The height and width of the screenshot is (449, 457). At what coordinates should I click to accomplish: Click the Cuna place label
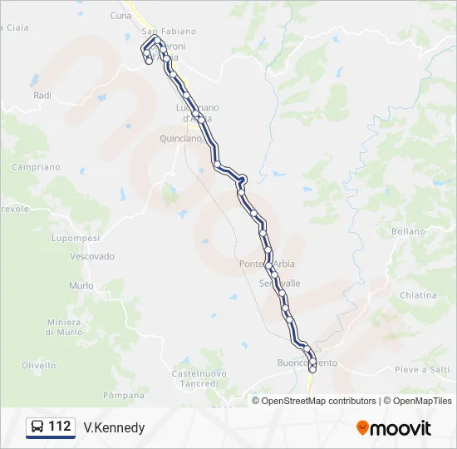(120, 16)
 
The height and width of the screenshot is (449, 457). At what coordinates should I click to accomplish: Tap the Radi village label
(42, 96)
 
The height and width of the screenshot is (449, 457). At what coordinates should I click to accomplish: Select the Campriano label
(36, 167)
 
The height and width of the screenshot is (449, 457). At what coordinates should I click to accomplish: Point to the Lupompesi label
(74, 238)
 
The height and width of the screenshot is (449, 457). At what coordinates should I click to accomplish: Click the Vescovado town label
(92, 256)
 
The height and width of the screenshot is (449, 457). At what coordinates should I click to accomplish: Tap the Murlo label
(81, 285)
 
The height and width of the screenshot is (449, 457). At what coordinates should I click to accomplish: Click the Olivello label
(39, 365)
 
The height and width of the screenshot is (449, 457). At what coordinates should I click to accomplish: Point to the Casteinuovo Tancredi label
(199, 379)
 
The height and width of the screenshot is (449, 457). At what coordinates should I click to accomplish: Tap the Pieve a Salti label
(422, 369)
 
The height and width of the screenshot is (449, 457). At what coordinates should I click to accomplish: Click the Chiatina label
(417, 295)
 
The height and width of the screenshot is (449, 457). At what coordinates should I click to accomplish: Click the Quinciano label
(180, 139)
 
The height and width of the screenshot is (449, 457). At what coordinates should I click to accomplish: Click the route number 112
(60, 427)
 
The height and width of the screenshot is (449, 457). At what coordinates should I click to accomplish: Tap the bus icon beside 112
(37, 427)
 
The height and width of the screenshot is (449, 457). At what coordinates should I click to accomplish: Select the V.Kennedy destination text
(114, 428)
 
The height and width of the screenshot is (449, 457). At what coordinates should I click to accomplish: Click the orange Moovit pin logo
(362, 427)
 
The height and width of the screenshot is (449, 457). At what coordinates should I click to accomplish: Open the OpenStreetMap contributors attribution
(318, 401)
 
